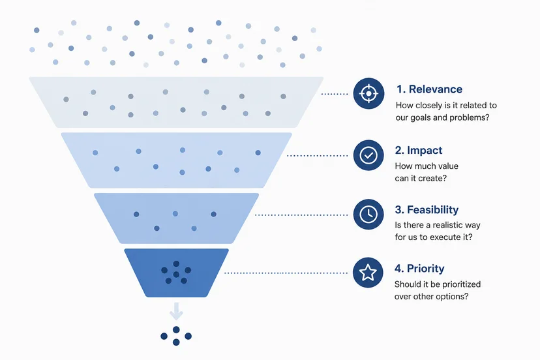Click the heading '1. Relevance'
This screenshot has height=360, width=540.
pyautogui.click(x=429, y=89)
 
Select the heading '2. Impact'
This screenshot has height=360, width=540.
pyautogui.click(x=419, y=150)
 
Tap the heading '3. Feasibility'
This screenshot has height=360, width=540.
pyautogui.click(x=427, y=209)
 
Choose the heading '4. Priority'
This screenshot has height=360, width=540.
pyautogui.click(x=419, y=268)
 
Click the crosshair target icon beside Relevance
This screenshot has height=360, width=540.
pyautogui.click(x=368, y=93)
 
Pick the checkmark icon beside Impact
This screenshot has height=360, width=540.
pyautogui.click(x=368, y=155)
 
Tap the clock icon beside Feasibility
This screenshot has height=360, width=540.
pyautogui.click(x=368, y=215)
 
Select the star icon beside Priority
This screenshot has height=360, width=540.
pyautogui.click(x=368, y=273)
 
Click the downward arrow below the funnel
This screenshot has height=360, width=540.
pyautogui.click(x=176, y=312)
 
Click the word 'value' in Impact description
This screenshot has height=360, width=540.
pyautogui.click(x=448, y=166)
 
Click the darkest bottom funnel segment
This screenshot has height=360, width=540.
pyautogui.click(x=176, y=273)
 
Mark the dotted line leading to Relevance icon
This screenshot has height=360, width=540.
pyautogui.click(x=335, y=94)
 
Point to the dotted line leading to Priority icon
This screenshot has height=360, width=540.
pyautogui.click(x=286, y=273)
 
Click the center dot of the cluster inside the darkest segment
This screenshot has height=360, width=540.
pyautogui.click(x=176, y=274)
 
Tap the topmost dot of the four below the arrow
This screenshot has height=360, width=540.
pyautogui.click(x=176, y=330)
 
